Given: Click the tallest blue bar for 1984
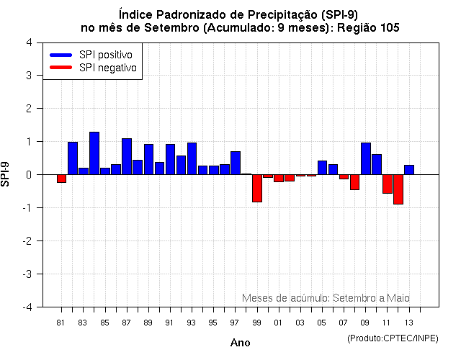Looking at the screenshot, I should point(94,153).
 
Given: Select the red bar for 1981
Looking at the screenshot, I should point(62,179).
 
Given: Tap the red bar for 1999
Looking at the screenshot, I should point(257,188).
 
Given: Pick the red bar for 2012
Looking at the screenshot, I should point(398,189).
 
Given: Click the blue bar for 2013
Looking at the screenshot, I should point(409,170).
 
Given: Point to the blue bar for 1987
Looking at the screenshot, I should point(127,156).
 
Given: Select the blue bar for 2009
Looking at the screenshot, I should point(366,158).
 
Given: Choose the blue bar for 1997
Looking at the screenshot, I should point(236,163).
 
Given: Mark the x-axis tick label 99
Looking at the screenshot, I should point(256,322).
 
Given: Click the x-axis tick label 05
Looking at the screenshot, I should point(322,322).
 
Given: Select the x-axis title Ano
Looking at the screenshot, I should point(241,343).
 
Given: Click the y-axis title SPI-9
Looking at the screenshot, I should point(6,174).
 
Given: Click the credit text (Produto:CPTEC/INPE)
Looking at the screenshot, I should point(393,338).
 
